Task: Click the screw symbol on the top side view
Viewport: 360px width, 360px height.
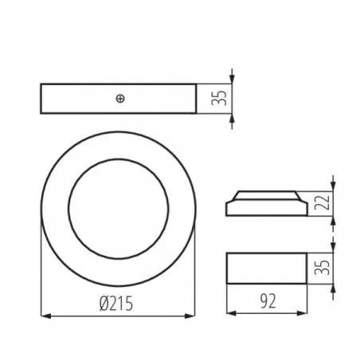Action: click(x=119, y=98)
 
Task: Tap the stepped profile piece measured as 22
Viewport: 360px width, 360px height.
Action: click(x=266, y=203)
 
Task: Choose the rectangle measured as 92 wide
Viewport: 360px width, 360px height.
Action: click(x=266, y=267)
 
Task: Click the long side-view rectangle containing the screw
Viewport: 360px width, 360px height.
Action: click(x=80, y=98)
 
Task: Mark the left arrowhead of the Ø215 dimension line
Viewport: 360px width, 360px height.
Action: click(x=44, y=316)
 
